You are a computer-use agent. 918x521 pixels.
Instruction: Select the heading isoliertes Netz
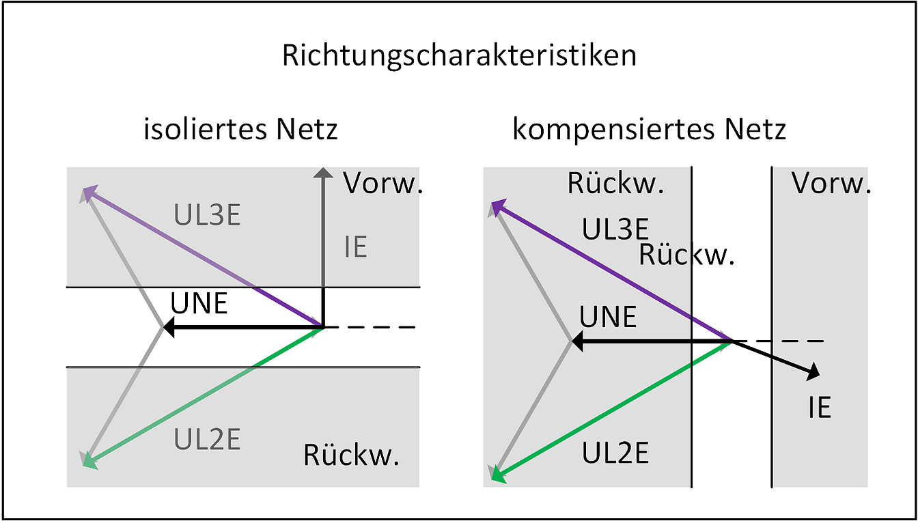240,129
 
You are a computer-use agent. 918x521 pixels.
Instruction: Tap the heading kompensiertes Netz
649,129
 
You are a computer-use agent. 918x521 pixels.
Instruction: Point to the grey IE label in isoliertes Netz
355,248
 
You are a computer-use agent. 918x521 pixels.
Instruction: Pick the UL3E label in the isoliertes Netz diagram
207,216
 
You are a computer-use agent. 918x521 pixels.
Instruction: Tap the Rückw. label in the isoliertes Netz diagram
351,455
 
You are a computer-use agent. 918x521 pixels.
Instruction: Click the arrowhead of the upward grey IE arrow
322,174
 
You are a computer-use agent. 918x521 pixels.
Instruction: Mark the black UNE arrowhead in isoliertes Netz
169,328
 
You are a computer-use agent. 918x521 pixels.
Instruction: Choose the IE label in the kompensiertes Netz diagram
819,408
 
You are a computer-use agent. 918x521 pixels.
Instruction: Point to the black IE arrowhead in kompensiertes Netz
813,374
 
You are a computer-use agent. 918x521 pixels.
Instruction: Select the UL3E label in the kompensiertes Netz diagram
615,229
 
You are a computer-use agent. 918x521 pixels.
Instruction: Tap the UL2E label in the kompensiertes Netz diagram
615,453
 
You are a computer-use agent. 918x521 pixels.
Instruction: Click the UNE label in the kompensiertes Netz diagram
608,318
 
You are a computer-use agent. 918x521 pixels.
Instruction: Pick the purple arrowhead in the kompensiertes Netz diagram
498,206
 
